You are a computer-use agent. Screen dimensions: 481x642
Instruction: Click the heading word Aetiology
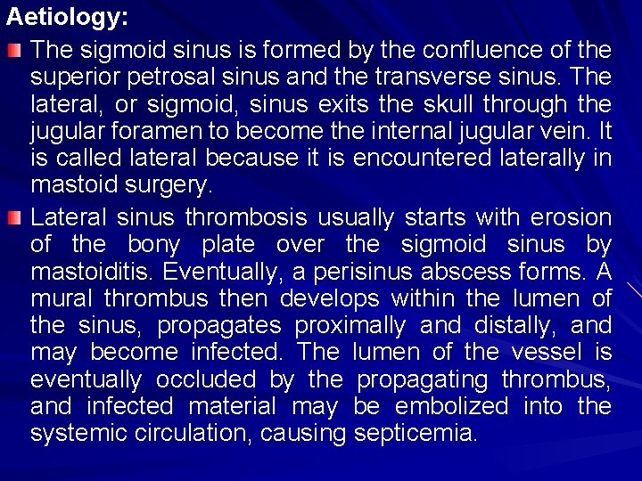pos(54,16)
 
